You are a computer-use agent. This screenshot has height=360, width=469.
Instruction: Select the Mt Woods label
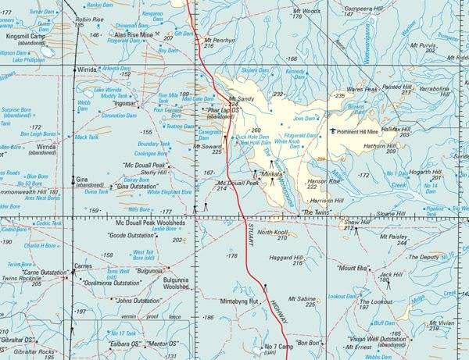[306, 12]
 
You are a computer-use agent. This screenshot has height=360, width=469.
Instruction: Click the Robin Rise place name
[89, 19]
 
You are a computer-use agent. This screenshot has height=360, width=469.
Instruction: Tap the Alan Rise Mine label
[133, 35]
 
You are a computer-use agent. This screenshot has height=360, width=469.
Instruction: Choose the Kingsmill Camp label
[25, 36]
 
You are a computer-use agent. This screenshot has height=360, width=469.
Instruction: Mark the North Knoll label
[273, 233]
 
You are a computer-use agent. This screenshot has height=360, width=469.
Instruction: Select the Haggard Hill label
[286, 257]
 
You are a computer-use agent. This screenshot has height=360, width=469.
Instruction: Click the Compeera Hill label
[367, 8]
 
